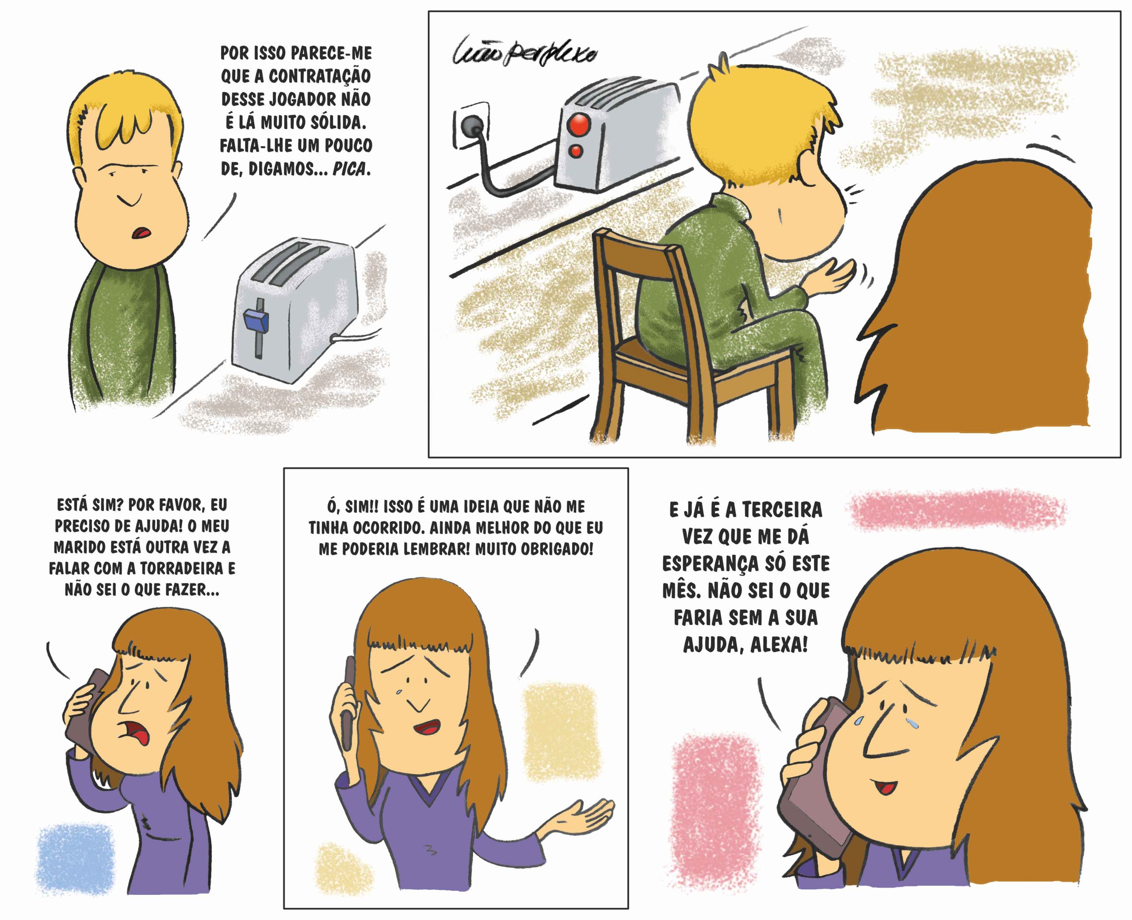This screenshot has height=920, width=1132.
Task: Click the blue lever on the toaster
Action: [x=256, y=320]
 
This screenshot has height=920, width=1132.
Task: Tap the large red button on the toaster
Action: [x=579, y=125]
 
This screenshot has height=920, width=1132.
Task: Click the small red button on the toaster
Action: [x=575, y=152]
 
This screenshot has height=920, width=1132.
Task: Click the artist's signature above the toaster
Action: [x=525, y=52]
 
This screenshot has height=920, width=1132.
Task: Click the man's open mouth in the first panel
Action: [x=142, y=233]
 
